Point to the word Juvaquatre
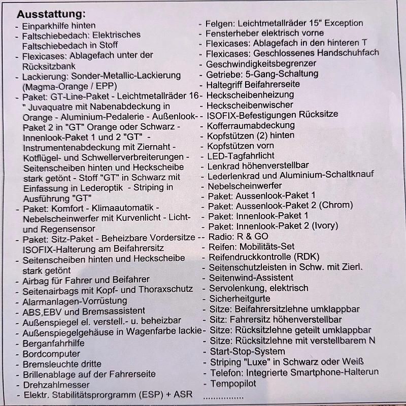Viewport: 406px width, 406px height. (x=56, y=106)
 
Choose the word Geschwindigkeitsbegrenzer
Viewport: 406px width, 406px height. (x=261, y=63)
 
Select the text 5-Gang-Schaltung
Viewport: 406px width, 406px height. (x=283, y=74)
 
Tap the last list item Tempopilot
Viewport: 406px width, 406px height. (x=233, y=382)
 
